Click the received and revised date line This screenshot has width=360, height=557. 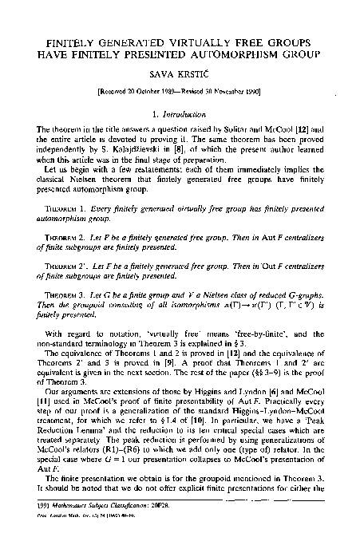click(x=180, y=93)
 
